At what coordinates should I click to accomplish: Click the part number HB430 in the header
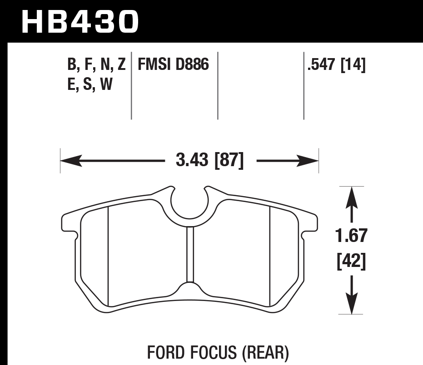[80, 22]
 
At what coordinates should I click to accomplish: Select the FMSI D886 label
[173, 65]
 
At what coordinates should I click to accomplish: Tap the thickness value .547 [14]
[336, 65]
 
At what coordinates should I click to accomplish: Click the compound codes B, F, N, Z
[96, 65]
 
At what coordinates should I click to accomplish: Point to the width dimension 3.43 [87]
[209, 161]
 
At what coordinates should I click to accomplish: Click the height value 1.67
[351, 236]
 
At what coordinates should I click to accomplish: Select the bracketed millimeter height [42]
[351, 261]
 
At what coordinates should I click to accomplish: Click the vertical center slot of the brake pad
[190, 254]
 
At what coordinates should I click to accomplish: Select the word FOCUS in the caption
[213, 352]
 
